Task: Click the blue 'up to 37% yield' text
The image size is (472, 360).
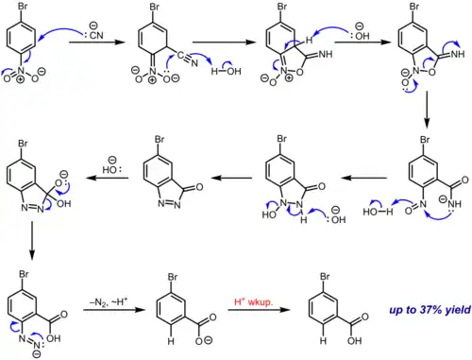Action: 430,310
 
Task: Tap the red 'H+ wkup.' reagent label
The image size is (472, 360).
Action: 254,301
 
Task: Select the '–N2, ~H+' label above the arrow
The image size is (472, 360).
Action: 109,302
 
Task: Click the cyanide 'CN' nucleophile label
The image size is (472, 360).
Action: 96,35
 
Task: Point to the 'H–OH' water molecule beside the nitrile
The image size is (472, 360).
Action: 226,72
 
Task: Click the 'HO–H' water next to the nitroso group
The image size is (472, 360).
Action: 378,212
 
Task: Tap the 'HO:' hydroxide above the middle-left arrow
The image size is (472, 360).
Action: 111,169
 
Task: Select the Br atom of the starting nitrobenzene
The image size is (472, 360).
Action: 23,6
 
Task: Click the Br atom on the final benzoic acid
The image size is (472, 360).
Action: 325,276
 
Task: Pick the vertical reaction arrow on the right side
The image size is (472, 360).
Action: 427,110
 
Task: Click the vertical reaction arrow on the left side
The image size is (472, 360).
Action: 32,240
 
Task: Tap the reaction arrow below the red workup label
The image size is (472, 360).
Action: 259,310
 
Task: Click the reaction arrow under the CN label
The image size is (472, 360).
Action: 97,42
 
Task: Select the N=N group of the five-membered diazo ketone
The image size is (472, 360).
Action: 169,204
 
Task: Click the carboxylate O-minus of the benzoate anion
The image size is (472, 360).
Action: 204,340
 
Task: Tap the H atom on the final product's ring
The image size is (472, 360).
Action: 323,341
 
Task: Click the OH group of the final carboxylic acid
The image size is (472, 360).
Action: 355,341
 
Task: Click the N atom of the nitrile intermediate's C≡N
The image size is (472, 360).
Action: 194,63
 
